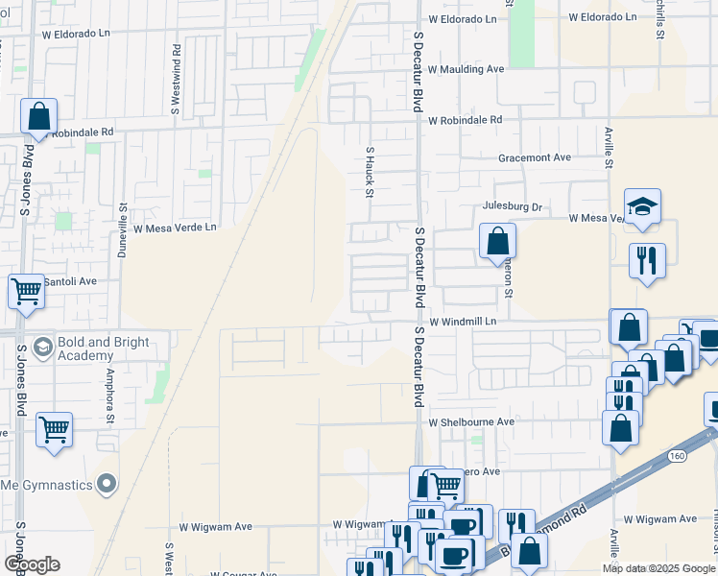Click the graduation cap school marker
[x=642, y=206]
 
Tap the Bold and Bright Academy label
[x=103, y=348]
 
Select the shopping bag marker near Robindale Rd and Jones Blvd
[x=39, y=117]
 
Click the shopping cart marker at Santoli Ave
[x=26, y=290]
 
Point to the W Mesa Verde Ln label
[x=175, y=228]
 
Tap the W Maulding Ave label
[x=466, y=70]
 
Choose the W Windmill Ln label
[x=464, y=322]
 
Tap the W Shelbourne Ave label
[x=472, y=422]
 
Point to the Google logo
[x=31, y=564]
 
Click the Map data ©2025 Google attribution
[x=658, y=568]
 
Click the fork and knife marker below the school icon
[x=647, y=261]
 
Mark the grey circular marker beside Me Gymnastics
[x=107, y=482]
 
